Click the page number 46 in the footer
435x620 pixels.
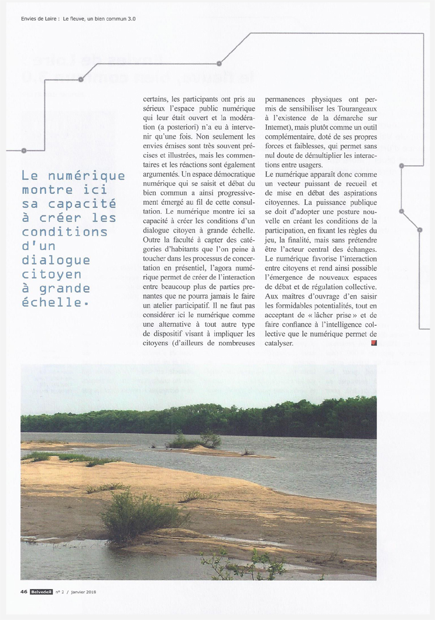point(24,591)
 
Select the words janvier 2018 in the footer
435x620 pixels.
point(82,591)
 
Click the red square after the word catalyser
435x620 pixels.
point(374,343)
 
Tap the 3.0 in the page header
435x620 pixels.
point(129,19)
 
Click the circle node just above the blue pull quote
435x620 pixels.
point(23,150)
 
